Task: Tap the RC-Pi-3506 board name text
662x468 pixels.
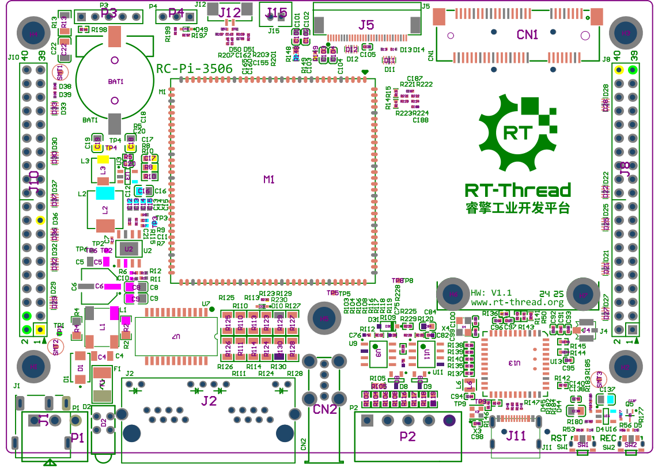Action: pyautogui.click(x=195, y=69)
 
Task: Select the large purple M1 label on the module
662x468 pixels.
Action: pyautogui.click(x=269, y=180)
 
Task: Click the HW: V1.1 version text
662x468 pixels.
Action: pyautogui.click(x=491, y=293)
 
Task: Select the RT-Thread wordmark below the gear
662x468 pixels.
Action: pyautogui.click(x=517, y=191)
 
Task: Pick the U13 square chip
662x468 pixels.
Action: pyautogui.click(x=515, y=363)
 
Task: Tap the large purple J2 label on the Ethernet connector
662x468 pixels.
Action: pyautogui.click(x=209, y=401)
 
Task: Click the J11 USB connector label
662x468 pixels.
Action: pyautogui.click(x=516, y=436)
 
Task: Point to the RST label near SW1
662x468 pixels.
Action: pyautogui.click(x=558, y=439)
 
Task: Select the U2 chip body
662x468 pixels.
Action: pyautogui.click(x=129, y=249)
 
